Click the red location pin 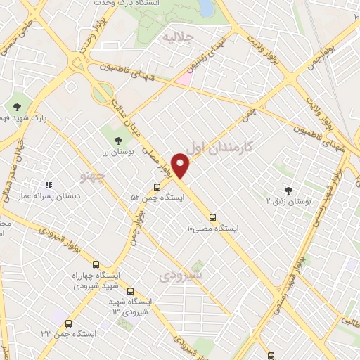tap(181, 165)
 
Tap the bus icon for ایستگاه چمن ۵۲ tap(156, 187)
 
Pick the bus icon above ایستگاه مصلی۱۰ tap(213, 217)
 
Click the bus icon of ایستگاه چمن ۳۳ tap(68, 324)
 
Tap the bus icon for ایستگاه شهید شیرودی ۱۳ tap(130, 291)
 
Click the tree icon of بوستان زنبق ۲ tap(287, 191)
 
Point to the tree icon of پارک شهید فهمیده tap(17, 107)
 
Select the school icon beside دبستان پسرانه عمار tap(49, 185)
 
